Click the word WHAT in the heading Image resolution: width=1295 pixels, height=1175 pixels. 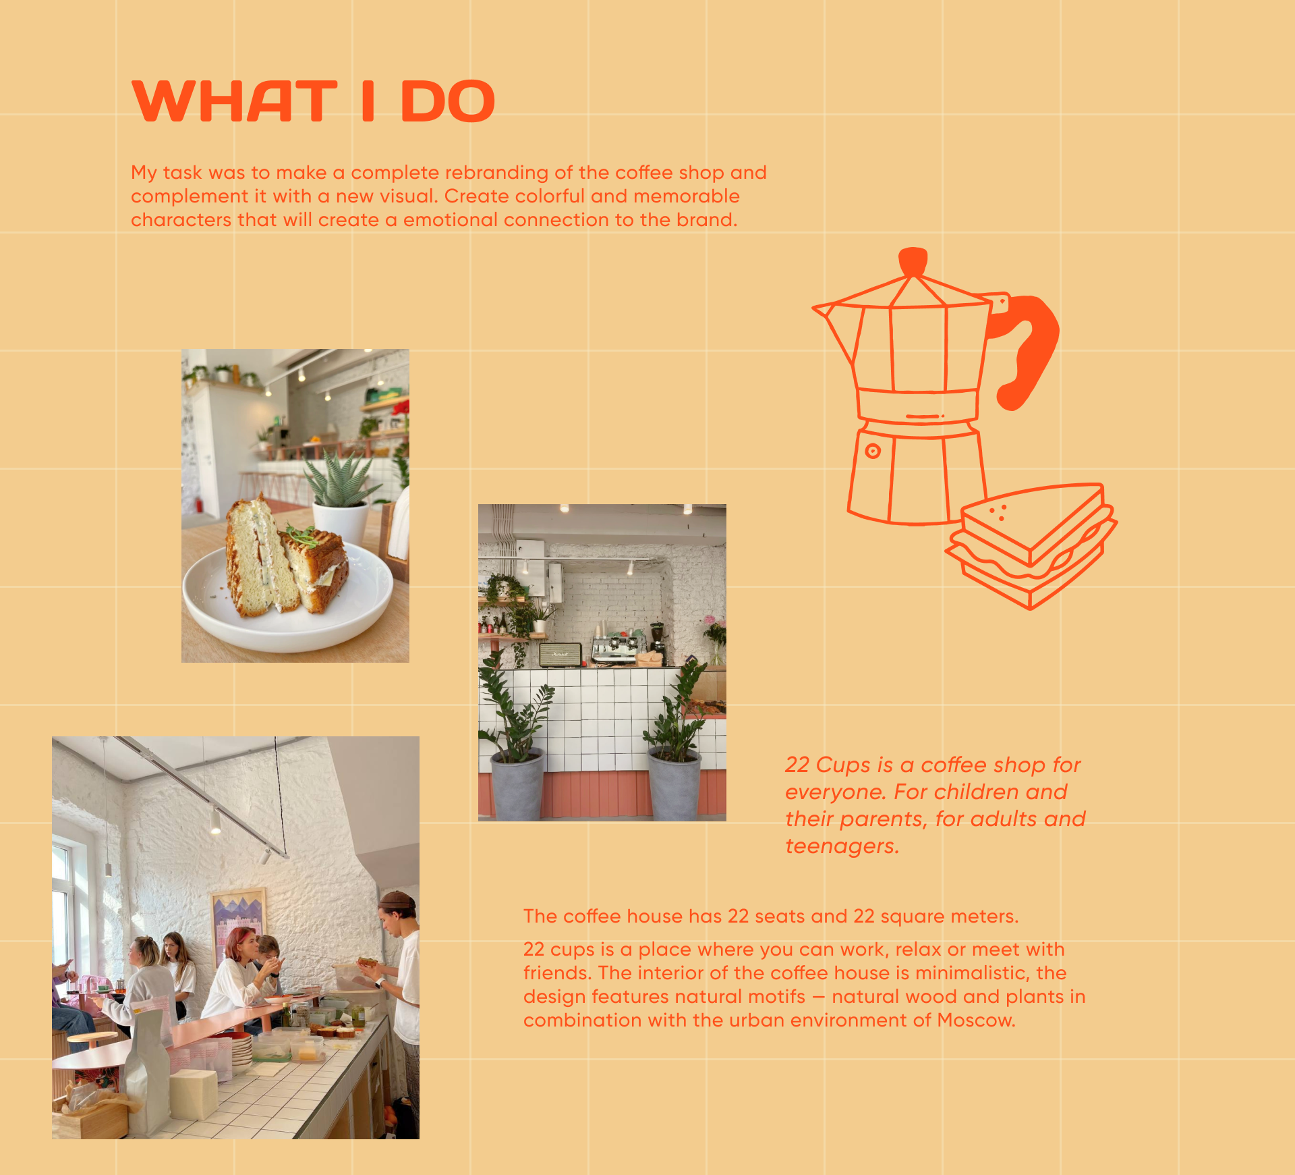point(234,101)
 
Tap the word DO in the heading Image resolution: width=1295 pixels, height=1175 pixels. point(448,101)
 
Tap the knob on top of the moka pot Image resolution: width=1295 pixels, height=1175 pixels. point(913,261)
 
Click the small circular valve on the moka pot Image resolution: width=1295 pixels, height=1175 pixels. point(873,452)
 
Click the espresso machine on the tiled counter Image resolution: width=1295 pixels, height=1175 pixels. point(614,648)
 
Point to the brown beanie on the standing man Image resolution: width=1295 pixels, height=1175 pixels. point(397,900)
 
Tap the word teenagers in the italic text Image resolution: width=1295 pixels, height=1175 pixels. point(842,846)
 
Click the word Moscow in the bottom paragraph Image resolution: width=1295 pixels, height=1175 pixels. point(976,1020)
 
